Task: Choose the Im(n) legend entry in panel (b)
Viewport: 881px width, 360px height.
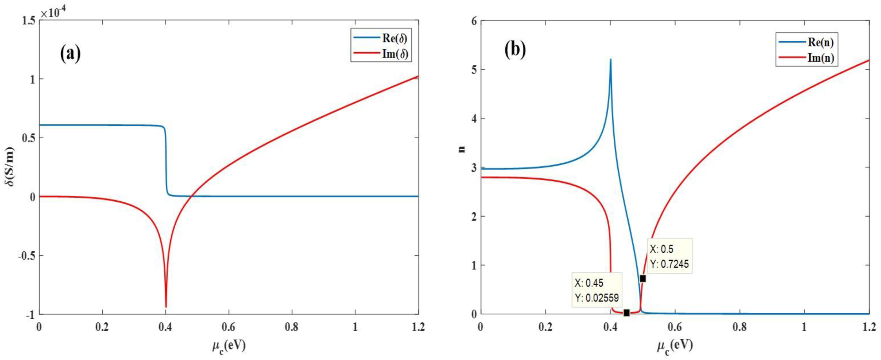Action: pyautogui.click(x=806, y=58)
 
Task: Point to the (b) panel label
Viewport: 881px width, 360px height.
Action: pyautogui.click(x=515, y=49)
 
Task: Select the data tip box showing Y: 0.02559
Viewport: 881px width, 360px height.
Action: pyautogui.click(x=597, y=290)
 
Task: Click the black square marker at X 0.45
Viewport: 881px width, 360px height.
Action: pyautogui.click(x=626, y=312)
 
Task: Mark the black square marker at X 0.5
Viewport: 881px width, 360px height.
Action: pyautogui.click(x=643, y=279)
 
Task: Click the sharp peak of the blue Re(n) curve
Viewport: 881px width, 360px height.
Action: pyautogui.click(x=611, y=60)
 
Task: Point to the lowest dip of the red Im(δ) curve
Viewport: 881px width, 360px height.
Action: pyautogui.click(x=166, y=307)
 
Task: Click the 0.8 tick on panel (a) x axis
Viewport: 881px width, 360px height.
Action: pyautogui.click(x=292, y=327)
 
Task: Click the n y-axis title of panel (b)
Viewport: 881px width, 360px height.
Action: pyautogui.click(x=462, y=149)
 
